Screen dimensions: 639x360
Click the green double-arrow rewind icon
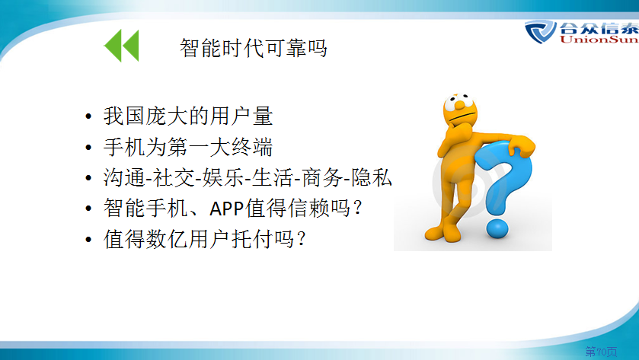tap(121, 45)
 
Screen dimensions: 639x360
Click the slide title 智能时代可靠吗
tap(254, 48)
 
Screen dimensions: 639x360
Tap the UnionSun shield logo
tap(541, 31)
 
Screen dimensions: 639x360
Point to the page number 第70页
tap(601, 351)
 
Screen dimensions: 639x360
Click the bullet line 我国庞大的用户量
tap(188, 116)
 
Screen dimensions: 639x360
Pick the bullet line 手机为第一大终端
tap(188, 147)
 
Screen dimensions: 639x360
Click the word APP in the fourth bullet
tap(227, 209)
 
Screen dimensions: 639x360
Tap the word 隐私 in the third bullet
tap(372, 177)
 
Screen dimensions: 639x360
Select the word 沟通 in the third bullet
tap(124, 177)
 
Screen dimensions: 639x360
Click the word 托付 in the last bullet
tap(252, 239)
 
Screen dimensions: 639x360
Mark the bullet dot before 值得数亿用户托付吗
tap(88, 240)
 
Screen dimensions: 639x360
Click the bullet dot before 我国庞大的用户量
tap(88, 116)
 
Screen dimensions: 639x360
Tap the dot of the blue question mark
tap(497, 228)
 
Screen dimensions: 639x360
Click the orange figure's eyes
tap(458, 101)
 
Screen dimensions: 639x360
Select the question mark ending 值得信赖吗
tap(357, 208)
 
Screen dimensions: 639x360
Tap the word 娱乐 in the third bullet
tap(222, 177)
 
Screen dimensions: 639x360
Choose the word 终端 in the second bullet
tap(252, 147)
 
